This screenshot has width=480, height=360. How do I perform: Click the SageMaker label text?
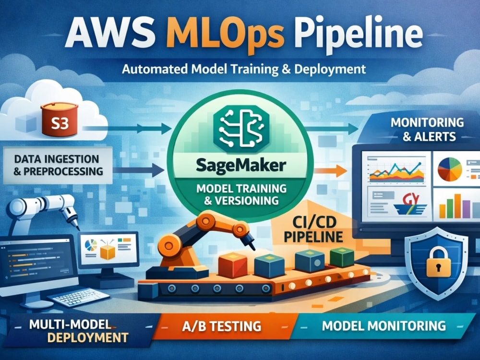[x=241, y=166]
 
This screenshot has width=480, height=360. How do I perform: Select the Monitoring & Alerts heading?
[x=427, y=129]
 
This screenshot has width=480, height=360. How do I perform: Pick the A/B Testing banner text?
[x=222, y=326]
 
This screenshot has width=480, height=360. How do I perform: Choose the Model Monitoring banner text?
[x=384, y=325]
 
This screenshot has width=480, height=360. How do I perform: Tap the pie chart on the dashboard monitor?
[x=449, y=169]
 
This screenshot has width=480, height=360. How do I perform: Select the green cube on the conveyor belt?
[x=342, y=257]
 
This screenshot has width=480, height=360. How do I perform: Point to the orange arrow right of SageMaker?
[x=331, y=171]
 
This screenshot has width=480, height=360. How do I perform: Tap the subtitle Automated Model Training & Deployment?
[x=244, y=69]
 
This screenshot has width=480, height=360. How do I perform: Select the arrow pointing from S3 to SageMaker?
[x=126, y=129]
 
